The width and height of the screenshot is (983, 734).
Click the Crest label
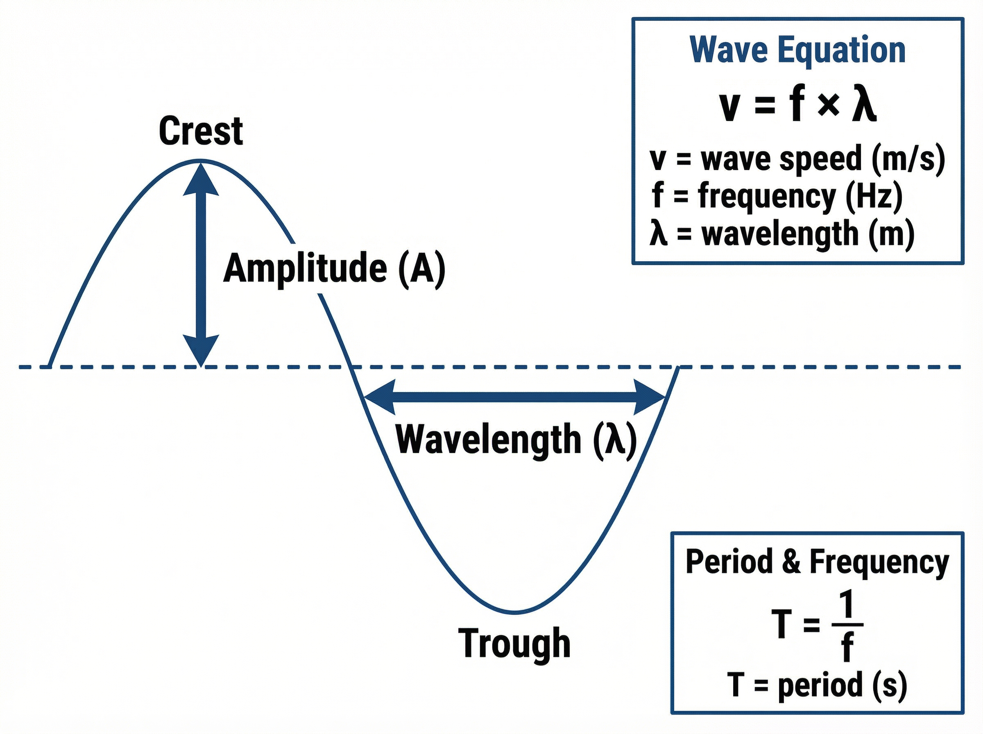(201, 131)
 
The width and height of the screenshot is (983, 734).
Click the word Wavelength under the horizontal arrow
(488, 439)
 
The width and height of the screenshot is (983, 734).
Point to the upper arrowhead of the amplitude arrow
(201, 180)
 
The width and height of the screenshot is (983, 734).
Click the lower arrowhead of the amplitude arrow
(201, 350)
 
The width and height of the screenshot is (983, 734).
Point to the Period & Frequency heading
(817, 562)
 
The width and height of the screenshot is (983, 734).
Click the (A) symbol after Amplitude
(421, 268)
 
